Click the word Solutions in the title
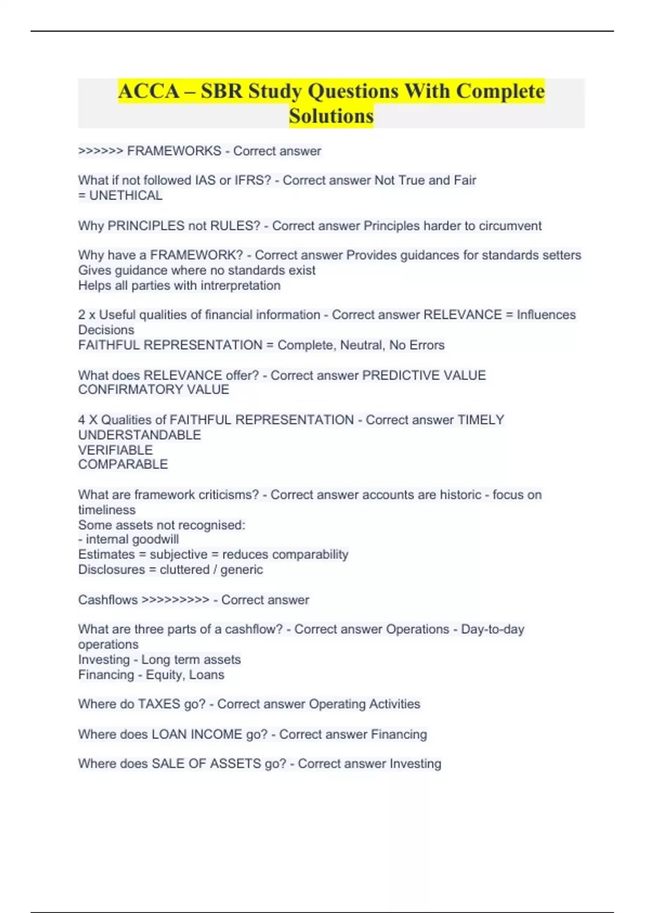331,116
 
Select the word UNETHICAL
126,195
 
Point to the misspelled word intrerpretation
240,286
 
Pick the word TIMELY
481,419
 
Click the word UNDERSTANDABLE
139,435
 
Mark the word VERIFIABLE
115,450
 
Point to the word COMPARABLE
123,465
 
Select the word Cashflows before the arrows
107,600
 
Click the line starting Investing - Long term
159,660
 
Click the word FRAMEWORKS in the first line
174,151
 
